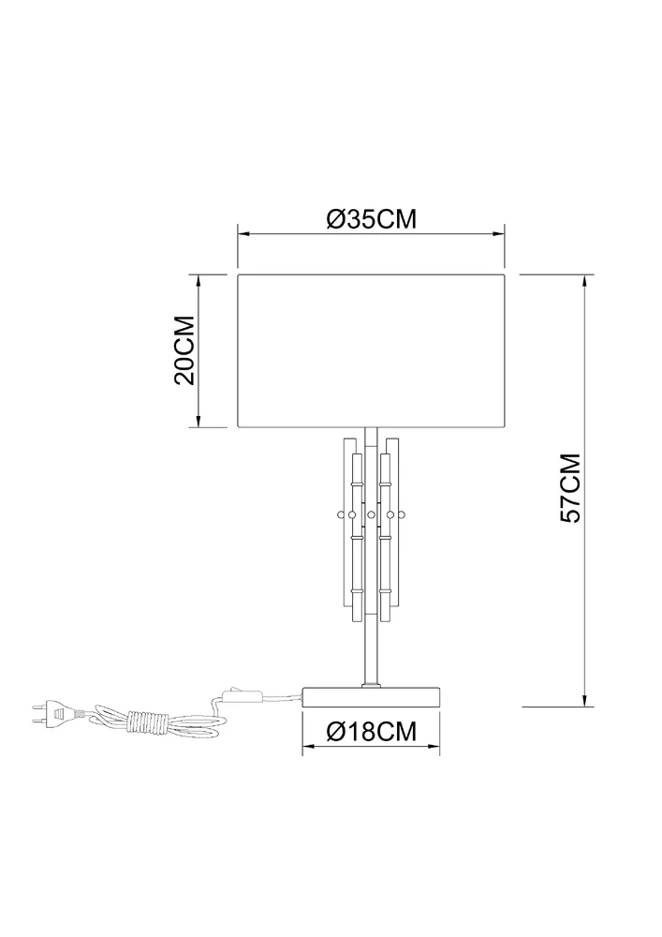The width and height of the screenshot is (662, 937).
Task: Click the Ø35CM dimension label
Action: coord(371,219)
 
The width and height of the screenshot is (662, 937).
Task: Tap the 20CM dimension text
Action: coord(184,350)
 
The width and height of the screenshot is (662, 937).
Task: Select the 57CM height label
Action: coord(570,487)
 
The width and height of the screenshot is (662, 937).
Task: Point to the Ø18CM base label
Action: coord(372,730)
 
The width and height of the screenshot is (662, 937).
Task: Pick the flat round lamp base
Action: coord(372,697)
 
